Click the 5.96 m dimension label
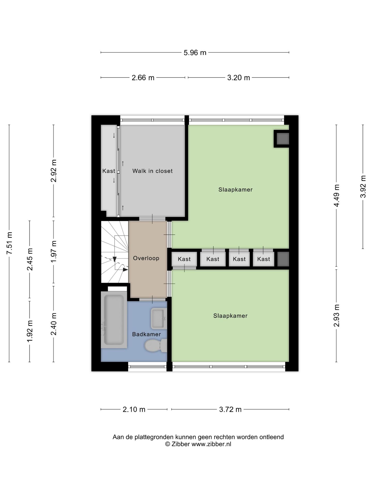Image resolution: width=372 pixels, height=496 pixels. coord(195,53)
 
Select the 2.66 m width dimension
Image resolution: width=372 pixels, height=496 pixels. coord(143,78)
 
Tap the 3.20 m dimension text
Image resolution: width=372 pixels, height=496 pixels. coord(238,78)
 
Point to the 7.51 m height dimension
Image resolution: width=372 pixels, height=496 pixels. coord(10,243)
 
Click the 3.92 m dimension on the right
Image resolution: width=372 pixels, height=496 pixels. coord(363,187)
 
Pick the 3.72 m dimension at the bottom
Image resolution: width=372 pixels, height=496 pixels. coord(230,409)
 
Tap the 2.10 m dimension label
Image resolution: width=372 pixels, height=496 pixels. coord(134,409)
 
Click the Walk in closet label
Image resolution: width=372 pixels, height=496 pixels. coord(152,171)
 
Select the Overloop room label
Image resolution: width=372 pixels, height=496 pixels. coord(146,258)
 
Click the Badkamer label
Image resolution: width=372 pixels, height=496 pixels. coord(146,334)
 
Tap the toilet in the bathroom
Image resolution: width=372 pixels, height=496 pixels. coord(155,345)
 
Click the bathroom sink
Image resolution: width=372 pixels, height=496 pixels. coord(159,318)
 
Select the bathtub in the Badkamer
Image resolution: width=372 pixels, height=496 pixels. coord(114,320)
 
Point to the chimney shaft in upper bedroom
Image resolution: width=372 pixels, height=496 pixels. coord(282,139)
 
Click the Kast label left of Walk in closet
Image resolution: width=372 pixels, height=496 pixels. coord(109,171)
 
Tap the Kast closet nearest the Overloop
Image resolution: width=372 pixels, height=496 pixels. coord(184,259)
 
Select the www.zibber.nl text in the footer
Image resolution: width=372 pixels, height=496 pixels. coord(211,444)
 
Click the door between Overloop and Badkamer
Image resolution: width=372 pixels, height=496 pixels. coord(152,299)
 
